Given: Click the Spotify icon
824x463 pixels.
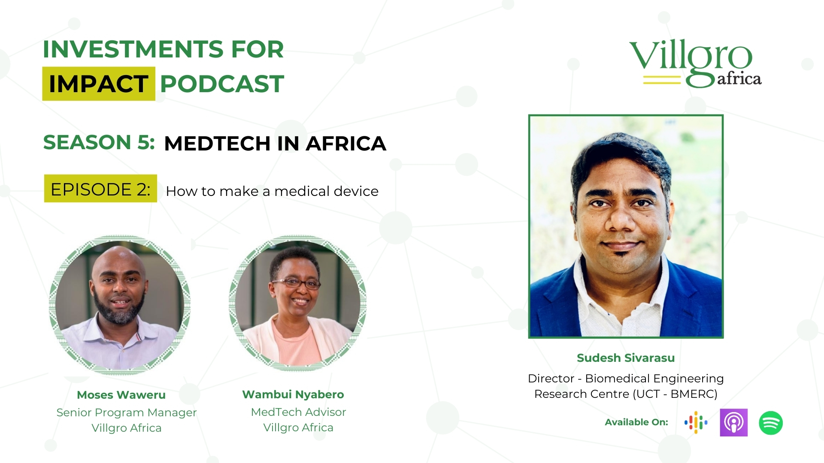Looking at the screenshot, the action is pyautogui.click(x=771, y=423).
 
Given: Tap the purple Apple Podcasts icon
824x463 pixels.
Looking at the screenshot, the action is pyautogui.click(x=733, y=423).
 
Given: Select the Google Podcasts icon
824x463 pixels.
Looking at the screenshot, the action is pyautogui.click(x=696, y=423).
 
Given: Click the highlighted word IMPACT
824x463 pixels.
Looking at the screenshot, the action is pyautogui.click(x=99, y=84).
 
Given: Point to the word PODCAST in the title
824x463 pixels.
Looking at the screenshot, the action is pyautogui.click(x=222, y=84).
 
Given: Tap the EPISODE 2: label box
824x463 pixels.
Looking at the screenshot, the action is pyautogui.click(x=100, y=189).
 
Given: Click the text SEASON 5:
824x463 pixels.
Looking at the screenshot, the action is pyautogui.click(x=99, y=142).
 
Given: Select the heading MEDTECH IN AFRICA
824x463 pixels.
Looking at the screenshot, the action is pyautogui.click(x=275, y=143).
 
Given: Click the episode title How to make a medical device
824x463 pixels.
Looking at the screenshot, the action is pyautogui.click(x=272, y=191).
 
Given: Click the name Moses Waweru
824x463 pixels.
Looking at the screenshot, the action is pyautogui.click(x=121, y=395).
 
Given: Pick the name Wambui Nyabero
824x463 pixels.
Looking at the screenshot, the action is pyautogui.click(x=293, y=394).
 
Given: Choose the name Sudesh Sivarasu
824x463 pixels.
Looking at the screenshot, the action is pyautogui.click(x=626, y=358).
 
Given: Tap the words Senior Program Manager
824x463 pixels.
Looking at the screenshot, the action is pyautogui.click(x=127, y=412).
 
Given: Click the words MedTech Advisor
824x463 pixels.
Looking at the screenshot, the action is pyautogui.click(x=298, y=412).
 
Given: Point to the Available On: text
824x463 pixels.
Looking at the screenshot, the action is pyautogui.click(x=636, y=422).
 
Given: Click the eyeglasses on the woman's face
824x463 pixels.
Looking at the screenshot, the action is pyautogui.click(x=296, y=283).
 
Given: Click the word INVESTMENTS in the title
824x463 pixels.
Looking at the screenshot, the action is pyautogui.click(x=133, y=49).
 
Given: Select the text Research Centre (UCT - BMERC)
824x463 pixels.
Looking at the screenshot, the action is pyautogui.click(x=626, y=394).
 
